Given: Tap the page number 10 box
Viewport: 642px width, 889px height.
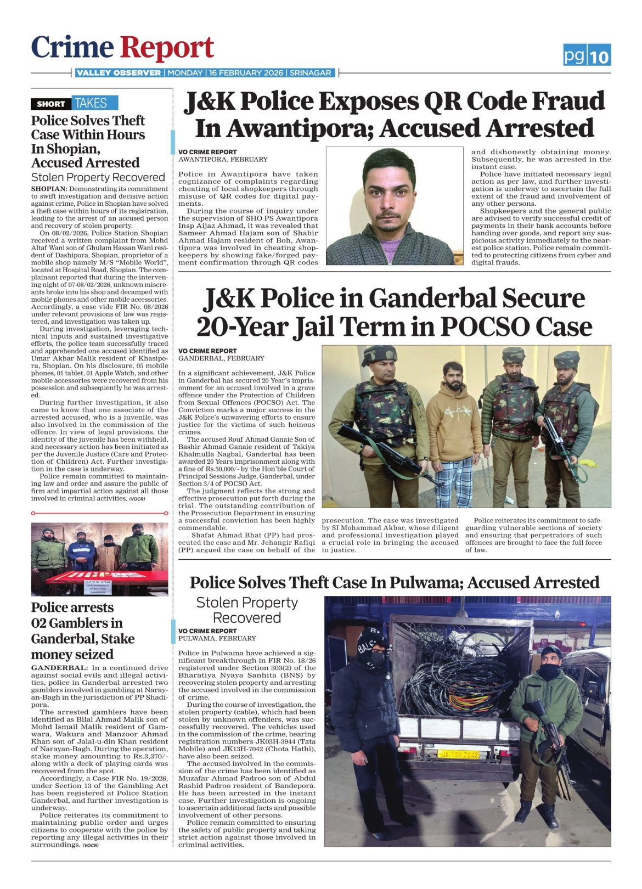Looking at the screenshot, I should pos(600,56).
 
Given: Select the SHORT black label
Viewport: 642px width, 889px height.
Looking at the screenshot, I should pos(51,104).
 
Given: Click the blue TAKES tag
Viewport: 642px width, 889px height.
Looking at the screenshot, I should pos(91,103).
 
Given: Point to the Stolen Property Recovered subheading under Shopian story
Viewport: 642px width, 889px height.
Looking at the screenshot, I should pos(98,177).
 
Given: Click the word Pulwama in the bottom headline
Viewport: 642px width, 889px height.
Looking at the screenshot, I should pos(415,582).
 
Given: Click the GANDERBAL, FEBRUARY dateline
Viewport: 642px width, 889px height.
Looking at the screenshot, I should pos(221,358).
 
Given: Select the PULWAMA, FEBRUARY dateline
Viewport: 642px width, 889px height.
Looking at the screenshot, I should pos(217,638).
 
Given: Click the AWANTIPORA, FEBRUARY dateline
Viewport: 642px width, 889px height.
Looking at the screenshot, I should pos(223,159).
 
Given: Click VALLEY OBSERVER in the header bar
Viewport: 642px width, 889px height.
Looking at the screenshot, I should pos(119,73).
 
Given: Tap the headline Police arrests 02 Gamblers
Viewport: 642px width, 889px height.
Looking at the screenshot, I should pos(83,631).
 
